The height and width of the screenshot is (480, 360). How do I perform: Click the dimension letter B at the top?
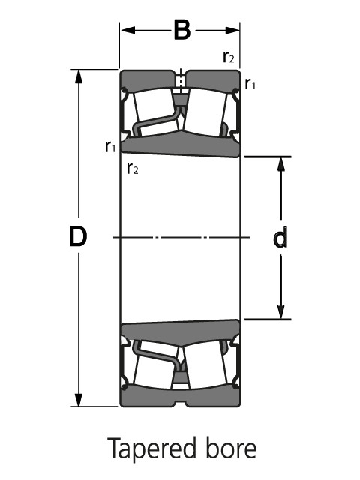coord(181,31)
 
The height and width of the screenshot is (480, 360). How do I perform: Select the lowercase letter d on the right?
coord(280,238)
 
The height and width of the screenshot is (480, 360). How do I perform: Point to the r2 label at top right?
coord(229,56)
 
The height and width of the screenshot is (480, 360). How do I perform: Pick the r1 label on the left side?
coord(110,145)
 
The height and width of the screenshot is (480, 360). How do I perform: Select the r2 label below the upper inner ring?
coord(133,168)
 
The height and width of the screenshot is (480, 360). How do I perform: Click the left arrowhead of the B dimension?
coord(125,31)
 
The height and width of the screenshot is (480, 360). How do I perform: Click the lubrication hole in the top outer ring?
coord(180,78)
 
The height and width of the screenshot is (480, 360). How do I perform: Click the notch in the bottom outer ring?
coord(180,403)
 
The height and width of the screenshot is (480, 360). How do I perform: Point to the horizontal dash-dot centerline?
coord(180,238)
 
